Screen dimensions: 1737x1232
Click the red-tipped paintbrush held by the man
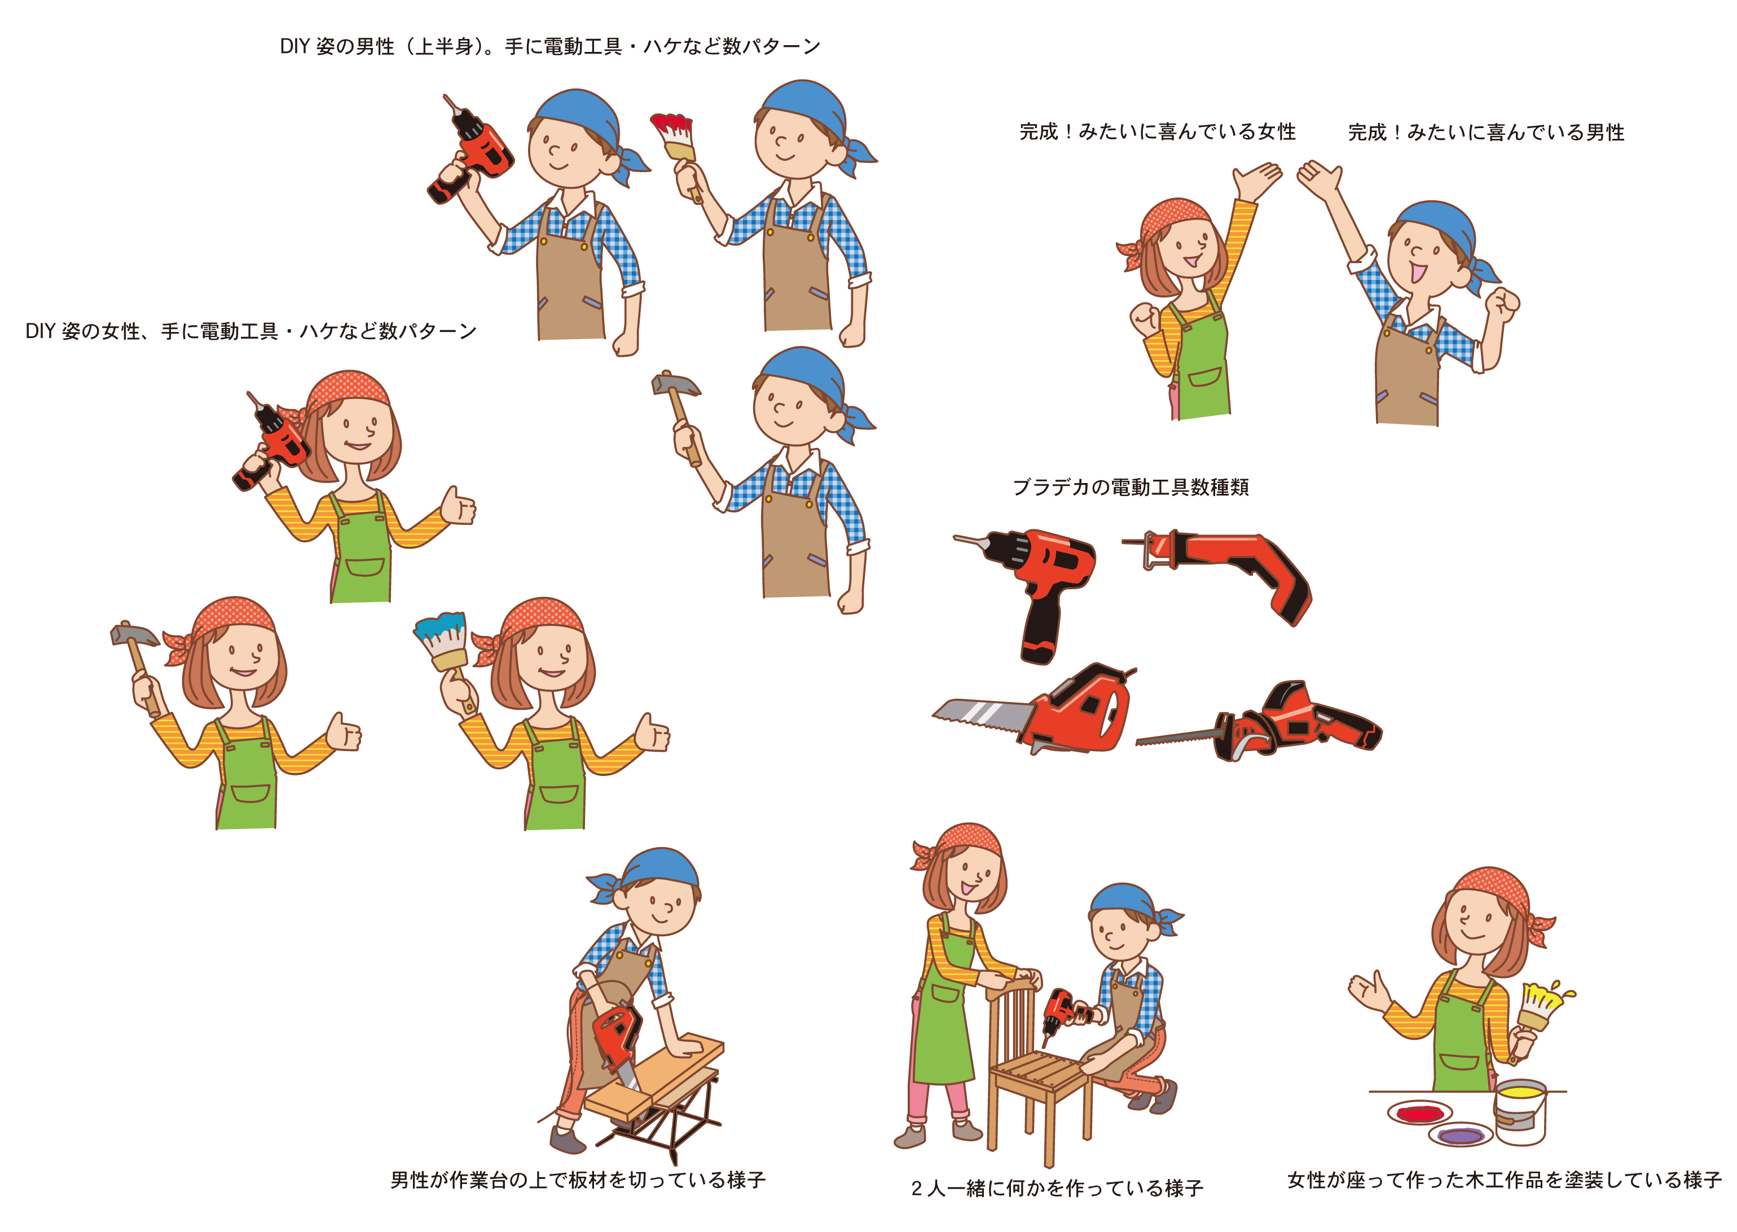(673, 146)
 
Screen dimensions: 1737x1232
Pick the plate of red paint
(1419, 1113)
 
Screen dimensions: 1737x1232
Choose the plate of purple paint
(1460, 1135)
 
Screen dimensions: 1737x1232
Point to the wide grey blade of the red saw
(982, 714)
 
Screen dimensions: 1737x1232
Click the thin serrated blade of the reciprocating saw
(1176, 735)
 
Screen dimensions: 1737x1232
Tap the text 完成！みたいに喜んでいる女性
(1157, 132)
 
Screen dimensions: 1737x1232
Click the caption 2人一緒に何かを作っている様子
(1057, 1188)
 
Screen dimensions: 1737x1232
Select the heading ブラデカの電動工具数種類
(1131, 487)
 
